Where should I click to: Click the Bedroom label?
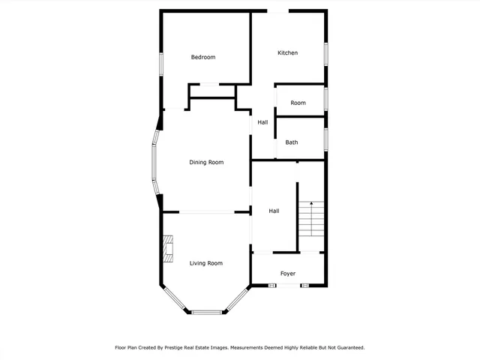(x=202, y=58)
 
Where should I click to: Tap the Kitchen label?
(x=288, y=53)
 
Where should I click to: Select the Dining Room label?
(x=206, y=163)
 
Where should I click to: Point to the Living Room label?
(x=206, y=263)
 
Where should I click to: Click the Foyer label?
(x=289, y=274)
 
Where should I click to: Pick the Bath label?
(x=292, y=142)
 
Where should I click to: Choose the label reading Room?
(x=298, y=103)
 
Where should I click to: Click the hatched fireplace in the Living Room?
(x=168, y=248)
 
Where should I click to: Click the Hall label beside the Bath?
(x=262, y=122)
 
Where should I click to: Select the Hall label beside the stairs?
(x=274, y=211)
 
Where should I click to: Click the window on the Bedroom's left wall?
(x=161, y=63)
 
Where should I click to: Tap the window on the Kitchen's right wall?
(x=325, y=53)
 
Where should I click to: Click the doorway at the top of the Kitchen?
(x=278, y=11)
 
